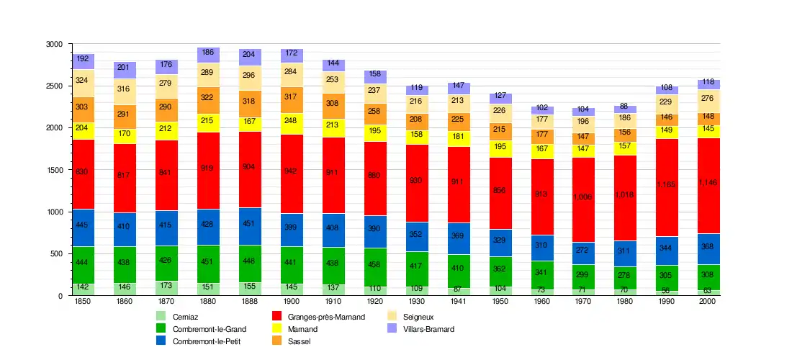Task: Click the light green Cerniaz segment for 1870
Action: pyautogui.click(x=166, y=288)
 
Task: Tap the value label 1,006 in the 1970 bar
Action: pyautogui.click(x=583, y=197)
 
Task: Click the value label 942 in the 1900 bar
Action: pyautogui.click(x=292, y=171)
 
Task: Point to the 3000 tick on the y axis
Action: pyautogui.click(x=55, y=45)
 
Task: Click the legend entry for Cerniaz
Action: pyautogui.click(x=185, y=317)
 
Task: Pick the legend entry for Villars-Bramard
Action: pyautogui.click(x=428, y=329)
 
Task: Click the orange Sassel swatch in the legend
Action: pyautogui.click(x=276, y=341)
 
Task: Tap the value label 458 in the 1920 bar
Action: pyautogui.click(x=375, y=265)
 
